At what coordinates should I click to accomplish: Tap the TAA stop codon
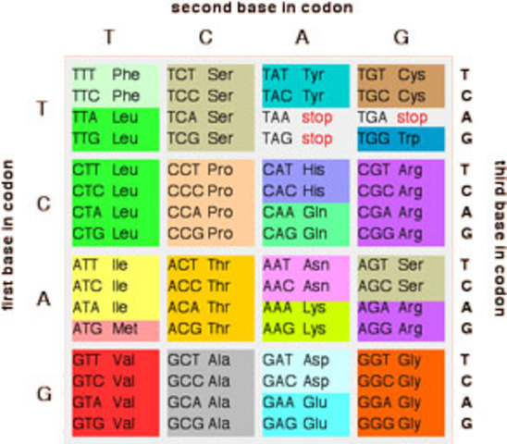pyautogui.click(x=296, y=117)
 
